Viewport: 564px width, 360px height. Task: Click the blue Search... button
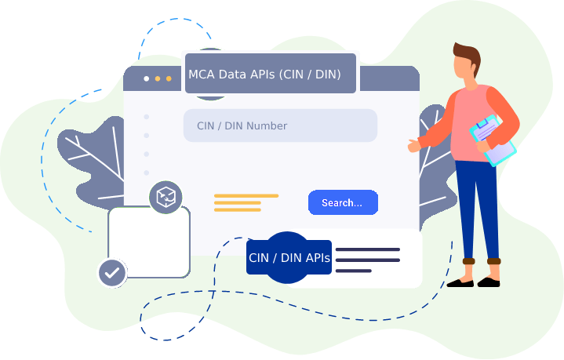pos(343,202)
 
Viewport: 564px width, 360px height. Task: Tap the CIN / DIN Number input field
pos(280,125)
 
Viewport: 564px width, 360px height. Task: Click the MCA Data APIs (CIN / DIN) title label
pos(271,74)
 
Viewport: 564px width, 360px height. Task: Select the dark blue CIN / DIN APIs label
pos(289,257)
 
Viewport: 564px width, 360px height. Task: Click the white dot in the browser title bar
pos(147,78)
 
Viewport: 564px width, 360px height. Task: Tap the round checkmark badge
pos(112,273)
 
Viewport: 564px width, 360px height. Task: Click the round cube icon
pos(166,197)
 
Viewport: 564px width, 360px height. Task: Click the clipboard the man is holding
pos(493,140)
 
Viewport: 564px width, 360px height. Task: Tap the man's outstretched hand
pos(414,145)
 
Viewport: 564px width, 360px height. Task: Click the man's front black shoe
pos(460,283)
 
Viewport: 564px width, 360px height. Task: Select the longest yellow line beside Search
pos(246,196)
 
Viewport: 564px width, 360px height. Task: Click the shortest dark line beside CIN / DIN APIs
pos(354,271)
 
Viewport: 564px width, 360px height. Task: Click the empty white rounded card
pos(149,242)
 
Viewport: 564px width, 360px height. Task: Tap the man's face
pos(464,68)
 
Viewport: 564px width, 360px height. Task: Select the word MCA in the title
pos(202,75)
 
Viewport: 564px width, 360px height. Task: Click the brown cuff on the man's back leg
pos(494,261)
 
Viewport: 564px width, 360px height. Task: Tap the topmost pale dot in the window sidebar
pos(147,117)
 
